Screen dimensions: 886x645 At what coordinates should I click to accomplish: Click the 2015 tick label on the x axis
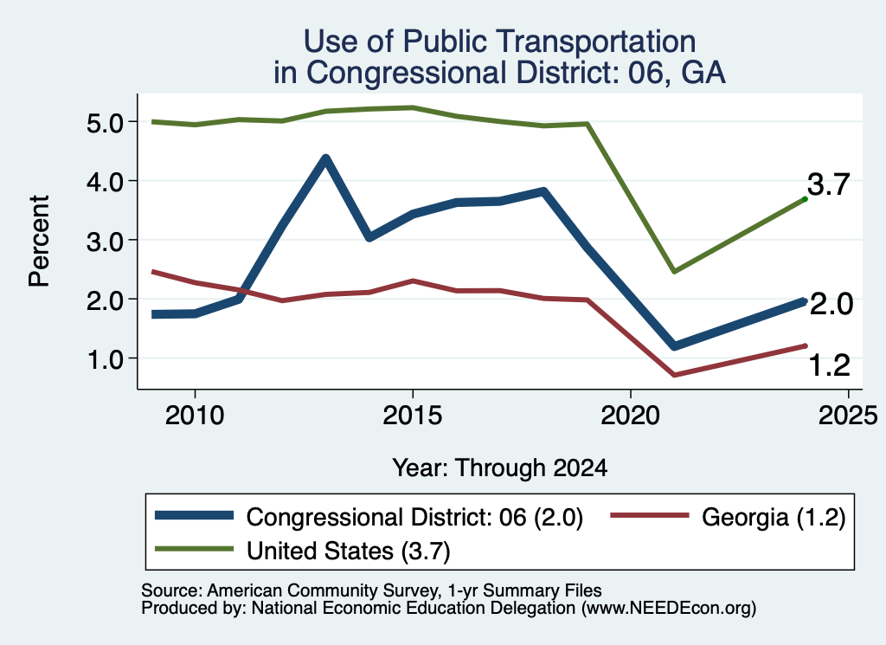[413, 416]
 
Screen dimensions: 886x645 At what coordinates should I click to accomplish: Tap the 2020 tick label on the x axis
[630, 416]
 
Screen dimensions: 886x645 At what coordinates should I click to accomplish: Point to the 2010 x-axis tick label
[195, 416]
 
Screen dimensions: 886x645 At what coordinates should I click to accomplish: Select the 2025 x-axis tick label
[848, 416]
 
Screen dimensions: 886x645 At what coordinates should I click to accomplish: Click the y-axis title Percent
[40, 242]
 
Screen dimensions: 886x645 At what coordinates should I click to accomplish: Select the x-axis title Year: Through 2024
[500, 468]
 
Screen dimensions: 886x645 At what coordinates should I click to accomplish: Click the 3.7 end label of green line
[828, 185]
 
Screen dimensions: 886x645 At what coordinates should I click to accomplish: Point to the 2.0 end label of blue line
[831, 304]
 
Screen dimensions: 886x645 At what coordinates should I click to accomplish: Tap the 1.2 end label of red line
[830, 365]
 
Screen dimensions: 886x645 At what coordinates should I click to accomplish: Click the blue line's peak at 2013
[325, 158]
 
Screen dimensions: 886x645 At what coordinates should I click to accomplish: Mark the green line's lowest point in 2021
[673, 272]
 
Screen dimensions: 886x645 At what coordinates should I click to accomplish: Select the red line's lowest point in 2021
[673, 375]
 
